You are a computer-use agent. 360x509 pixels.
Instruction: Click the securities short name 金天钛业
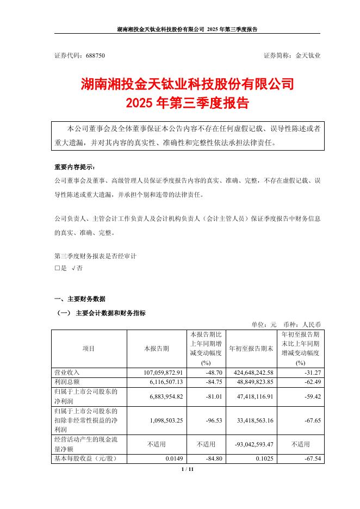pyautogui.click(x=308, y=55)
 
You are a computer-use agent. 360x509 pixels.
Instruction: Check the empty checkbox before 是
pyautogui.click(x=58, y=268)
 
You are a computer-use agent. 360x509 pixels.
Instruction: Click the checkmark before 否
pyautogui.click(x=73, y=268)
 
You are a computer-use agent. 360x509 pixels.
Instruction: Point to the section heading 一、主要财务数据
pyautogui.click(x=80, y=299)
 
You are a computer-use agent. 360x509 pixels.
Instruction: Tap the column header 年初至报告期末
pyautogui.click(x=251, y=348)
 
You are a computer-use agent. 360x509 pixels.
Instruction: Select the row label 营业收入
pyautogui.click(x=67, y=372)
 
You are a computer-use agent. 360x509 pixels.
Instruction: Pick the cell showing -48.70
pyautogui.click(x=216, y=372)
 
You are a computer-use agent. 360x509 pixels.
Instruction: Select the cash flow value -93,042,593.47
pyautogui.click(x=255, y=444)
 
